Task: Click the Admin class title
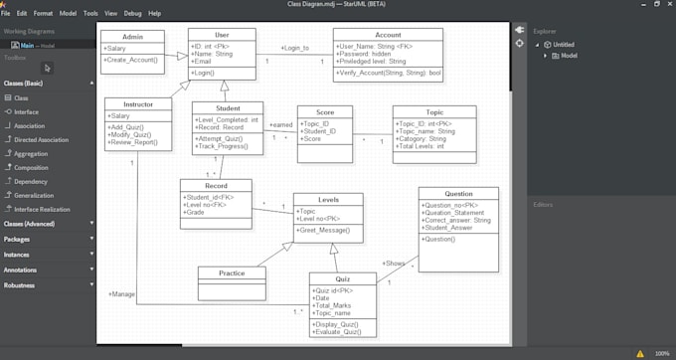pos(131,37)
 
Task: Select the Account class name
pos(388,35)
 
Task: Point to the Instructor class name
pos(138,104)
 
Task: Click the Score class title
pos(324,113)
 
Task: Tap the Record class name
pos(216,186)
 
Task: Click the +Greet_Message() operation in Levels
pos(323,231)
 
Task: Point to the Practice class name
pos(233,273)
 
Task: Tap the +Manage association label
pos(121,294)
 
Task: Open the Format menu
pos(43,14)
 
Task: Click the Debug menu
pos(133,14)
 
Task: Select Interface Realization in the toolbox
pos(42,210)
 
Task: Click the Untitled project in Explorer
pos(563,45)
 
